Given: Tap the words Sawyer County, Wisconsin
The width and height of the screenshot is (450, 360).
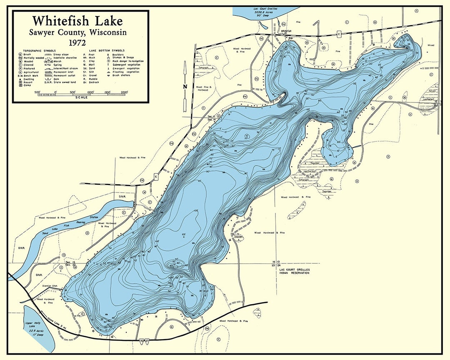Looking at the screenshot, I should coord(78,32).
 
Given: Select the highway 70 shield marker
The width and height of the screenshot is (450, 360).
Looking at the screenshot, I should coord(142,341).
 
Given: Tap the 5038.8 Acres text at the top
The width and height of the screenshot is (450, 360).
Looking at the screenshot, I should coord(265,12).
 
